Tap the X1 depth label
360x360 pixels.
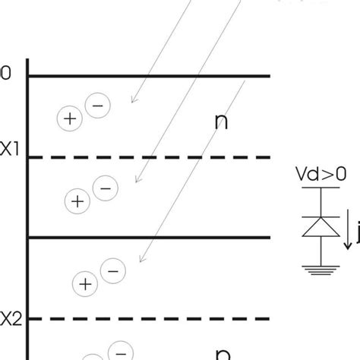coord(8,150)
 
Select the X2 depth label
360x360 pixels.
coord(8,318)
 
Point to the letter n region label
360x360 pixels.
coord(222,122)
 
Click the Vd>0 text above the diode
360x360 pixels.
coord(321,174)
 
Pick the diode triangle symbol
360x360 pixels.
coord(320,226)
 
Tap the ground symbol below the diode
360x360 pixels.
coord(320,268)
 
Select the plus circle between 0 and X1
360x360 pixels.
coord(69,118)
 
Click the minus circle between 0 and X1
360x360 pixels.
coord(96,106)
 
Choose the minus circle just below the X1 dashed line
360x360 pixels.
coord(104,187)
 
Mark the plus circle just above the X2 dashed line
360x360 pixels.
coord(84,284)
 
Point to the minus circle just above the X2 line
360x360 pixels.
coord(112,270)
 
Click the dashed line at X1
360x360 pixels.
coord(152,157)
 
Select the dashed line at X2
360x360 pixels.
coord(152,318)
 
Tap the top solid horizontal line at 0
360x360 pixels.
coord(152,76)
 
